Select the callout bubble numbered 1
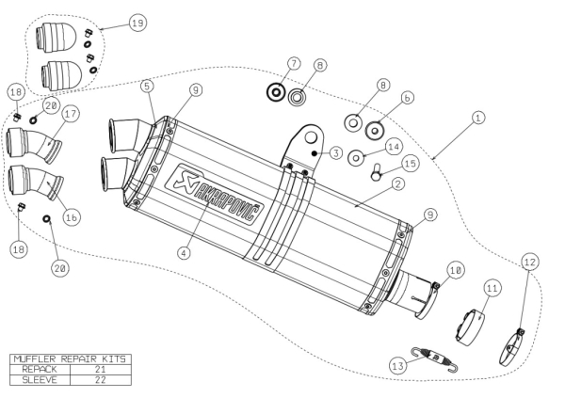[478, 118]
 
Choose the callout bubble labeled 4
[186, 252]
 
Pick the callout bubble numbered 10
[454, 269]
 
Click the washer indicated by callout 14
[358, 157]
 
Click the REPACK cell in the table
[34, 369]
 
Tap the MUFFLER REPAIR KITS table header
[68, 358]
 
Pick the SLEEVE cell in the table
[34, 379]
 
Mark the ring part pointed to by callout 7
[277, 93]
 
